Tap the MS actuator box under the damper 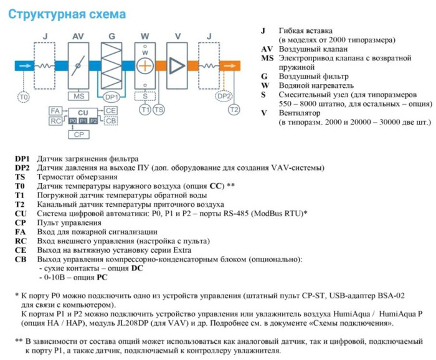pos(79,97)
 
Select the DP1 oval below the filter pos(111,97)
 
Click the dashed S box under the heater pos(145,97)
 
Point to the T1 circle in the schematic pos(145,110)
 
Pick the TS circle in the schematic pos(159,110)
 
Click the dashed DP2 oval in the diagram pos(224,97)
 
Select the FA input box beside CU pos(55,110)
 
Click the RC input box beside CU pos(55,120)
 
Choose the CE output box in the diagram pos(110,110)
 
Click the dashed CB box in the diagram pos(110,120)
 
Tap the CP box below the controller pos(78,134)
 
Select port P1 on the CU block pos(83,120)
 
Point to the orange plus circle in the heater pos(145,65)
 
